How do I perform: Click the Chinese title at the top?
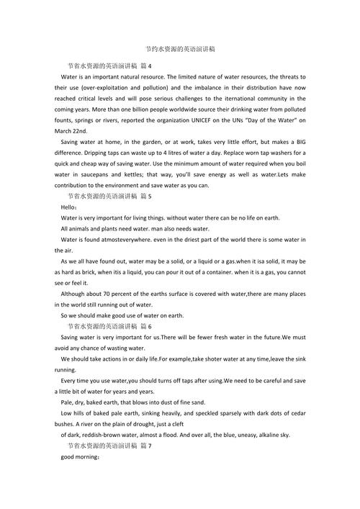pyautogui.click(x=180, y=49)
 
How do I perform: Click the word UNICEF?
pyautogui.click(x=230, y=120)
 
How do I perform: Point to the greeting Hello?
pyautogui.click(x=70, y=207)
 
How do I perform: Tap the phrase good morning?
pyautogui.click(x=78, y=457)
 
